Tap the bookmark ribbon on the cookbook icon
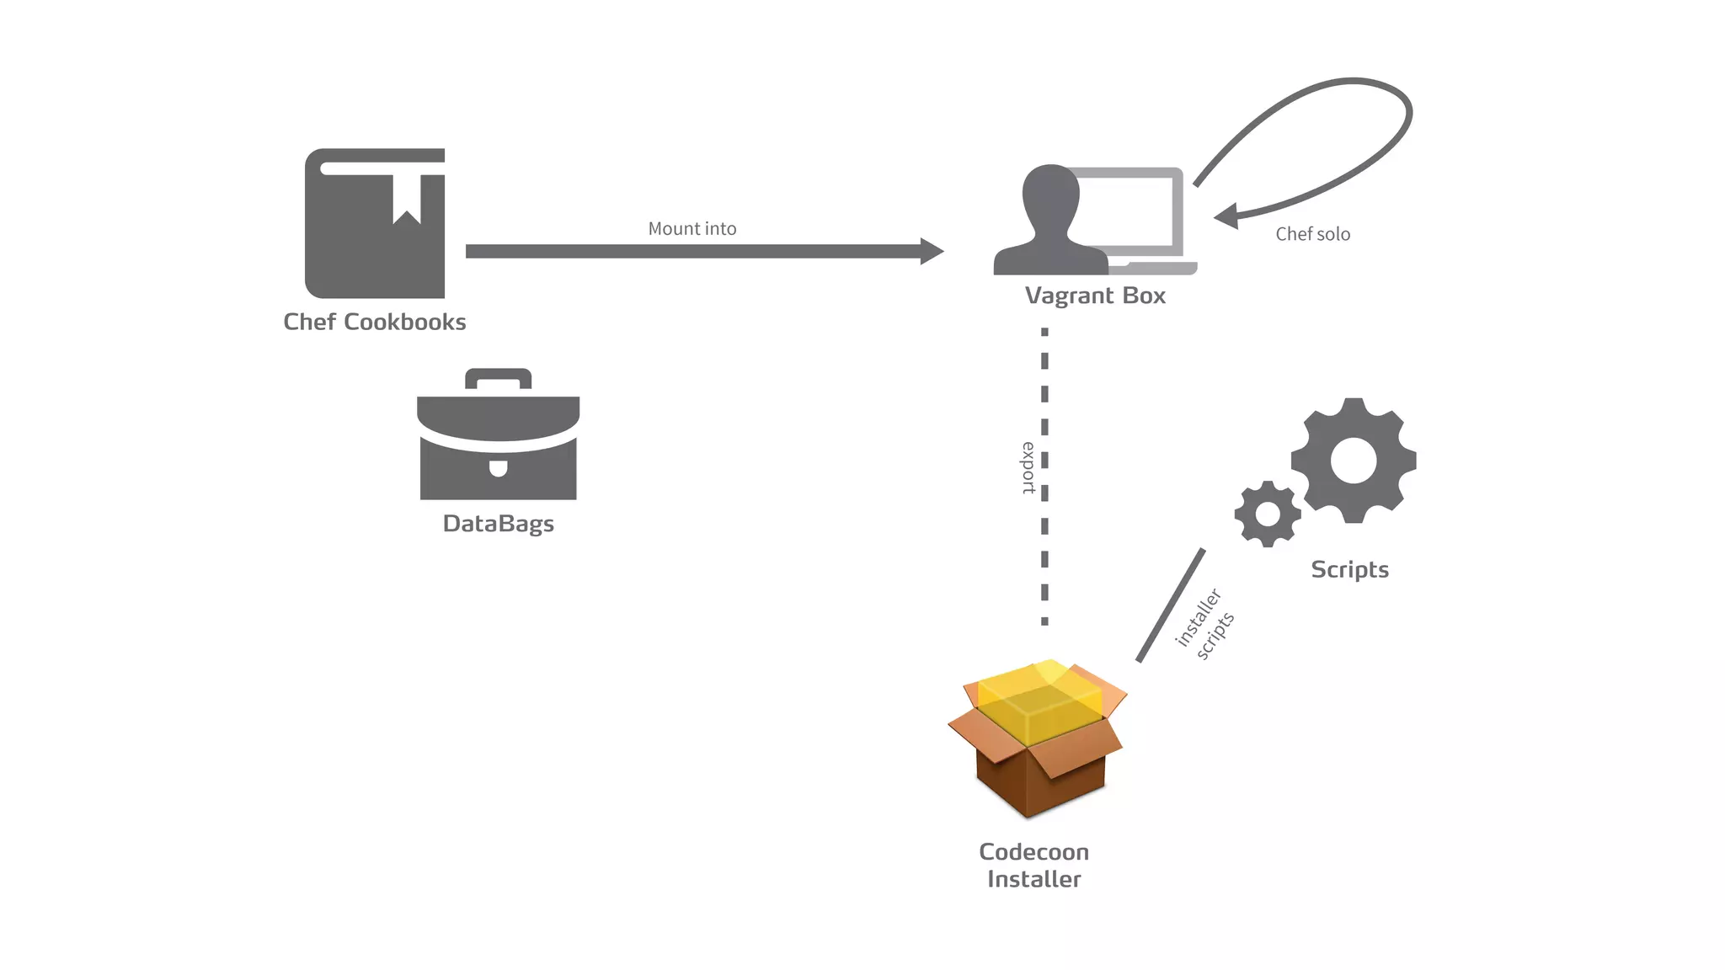407,199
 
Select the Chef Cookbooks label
374,322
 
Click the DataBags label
498,524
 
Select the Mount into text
692,228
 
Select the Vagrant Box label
1095,296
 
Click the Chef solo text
1312,234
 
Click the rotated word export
1028,467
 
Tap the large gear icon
1354,461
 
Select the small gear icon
1267,514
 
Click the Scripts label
1349,570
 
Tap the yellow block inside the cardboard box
1040,703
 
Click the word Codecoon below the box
1033,852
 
